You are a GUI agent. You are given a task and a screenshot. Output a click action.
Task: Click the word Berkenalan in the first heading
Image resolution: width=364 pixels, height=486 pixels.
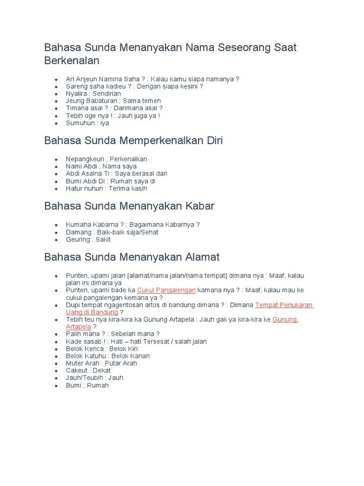tap(72, 61)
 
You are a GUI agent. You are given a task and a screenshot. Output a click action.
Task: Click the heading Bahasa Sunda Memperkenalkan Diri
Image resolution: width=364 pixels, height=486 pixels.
tap(133, 140)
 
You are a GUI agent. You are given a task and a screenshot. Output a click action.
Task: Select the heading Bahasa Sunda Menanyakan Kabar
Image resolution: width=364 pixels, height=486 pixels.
tap(129, 206)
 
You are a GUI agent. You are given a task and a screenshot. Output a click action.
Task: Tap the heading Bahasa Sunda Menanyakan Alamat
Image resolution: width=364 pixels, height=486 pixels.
tap(132, 257)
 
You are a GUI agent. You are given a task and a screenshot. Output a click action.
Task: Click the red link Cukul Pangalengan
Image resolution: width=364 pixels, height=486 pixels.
tap(166, 290)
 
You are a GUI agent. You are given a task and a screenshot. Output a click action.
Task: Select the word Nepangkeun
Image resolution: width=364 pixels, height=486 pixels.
tap(86, 159)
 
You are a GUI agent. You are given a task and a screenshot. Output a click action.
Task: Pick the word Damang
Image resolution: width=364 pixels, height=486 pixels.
tap(79, 232)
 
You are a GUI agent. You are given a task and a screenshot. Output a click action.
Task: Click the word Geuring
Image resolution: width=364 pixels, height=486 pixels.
tap(78, 240)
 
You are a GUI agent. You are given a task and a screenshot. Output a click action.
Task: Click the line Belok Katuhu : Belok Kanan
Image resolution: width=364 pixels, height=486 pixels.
tap(108, 356)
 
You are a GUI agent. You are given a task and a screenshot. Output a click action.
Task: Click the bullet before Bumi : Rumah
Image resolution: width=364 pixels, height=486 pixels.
tap(56, 385)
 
